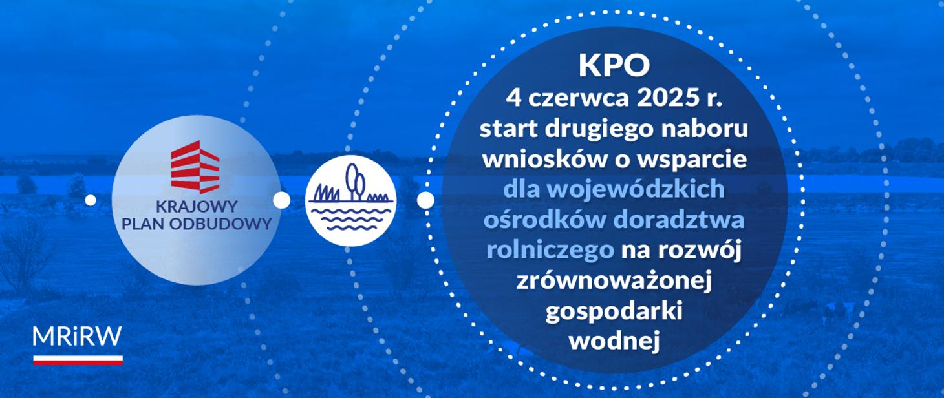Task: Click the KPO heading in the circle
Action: click(614, 66)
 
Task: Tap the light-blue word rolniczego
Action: click(550, 251)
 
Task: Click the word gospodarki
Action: click(614, 312)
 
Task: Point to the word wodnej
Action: click(614, 340)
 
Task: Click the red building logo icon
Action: click(195, 167)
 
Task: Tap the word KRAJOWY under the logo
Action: click(197, 207)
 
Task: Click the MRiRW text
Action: click(77, 337)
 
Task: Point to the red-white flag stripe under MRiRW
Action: click(78, 360)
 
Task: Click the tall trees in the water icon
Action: click(355, 181)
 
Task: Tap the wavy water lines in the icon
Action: click(350, 218)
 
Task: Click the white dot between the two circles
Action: click(281, 200)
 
